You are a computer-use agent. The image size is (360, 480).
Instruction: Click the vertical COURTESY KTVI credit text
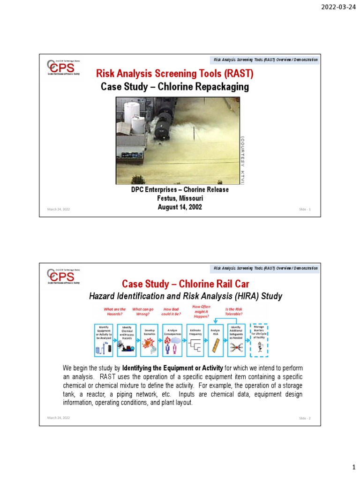[x=242, y=159]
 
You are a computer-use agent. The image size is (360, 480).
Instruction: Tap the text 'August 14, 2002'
[x=180, y=207]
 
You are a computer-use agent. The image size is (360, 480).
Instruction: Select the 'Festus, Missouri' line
[x=180, y=198]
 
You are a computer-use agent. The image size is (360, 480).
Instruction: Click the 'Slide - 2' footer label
[x=306, y=418]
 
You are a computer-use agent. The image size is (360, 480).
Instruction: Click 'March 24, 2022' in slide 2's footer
[x=58, y=418]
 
